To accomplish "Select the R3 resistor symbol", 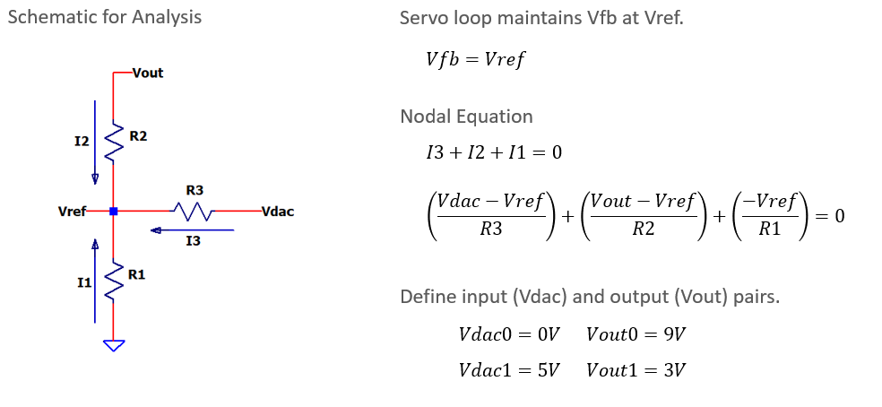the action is [192, 212].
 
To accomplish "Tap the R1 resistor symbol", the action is [114, 280].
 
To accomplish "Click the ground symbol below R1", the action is [114, 345].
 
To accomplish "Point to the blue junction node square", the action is [114, 211].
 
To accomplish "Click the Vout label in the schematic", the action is [148, 74].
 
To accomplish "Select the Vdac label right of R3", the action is [277, 212].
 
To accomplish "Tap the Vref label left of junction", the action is [72, 212].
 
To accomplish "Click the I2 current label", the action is [82, 142].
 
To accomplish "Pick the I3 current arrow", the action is [193, 229].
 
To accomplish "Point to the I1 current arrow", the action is [95, 281].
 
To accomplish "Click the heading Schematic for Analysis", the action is [105, 17].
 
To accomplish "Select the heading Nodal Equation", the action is [466, 117].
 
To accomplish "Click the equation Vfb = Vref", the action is [475, 58].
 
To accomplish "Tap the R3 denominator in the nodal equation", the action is [490, 229].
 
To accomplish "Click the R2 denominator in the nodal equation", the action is [643, 229].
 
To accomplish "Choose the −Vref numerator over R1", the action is [770, 202].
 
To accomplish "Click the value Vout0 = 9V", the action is [636, 335].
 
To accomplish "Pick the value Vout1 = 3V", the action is [636, 370].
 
